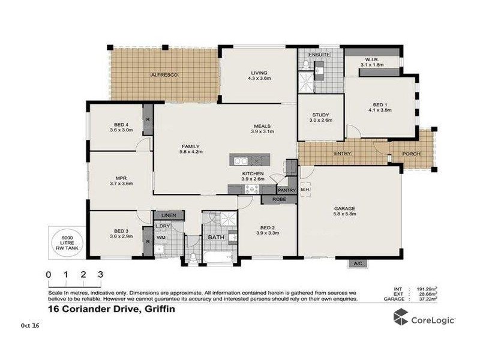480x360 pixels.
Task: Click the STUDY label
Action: point(320,115)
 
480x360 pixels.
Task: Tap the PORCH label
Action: point(411,154)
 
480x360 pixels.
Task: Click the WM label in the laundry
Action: point(160,238)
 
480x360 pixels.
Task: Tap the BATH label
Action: point(215,238)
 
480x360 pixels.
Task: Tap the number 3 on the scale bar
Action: point(100,274)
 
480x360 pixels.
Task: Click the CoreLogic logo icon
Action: point(400,318)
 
